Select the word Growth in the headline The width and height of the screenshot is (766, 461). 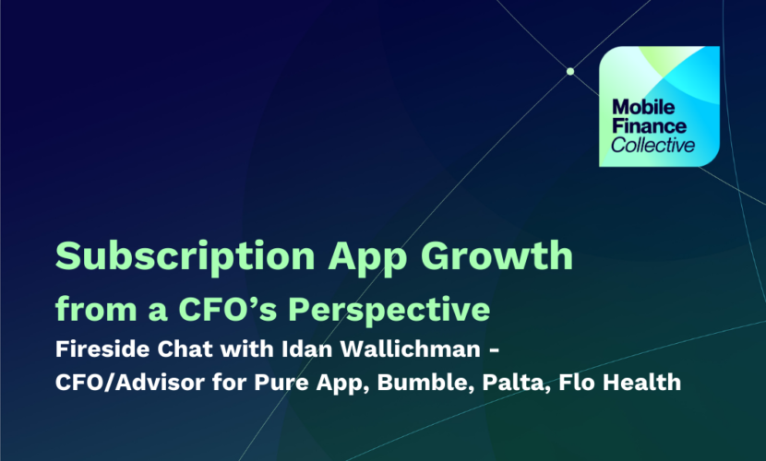[497, 255]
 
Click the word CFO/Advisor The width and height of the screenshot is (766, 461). [130, 382]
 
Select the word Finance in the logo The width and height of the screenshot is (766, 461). [649, 126]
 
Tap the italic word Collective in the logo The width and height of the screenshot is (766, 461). [652, 145]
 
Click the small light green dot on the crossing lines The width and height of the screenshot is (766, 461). [570, 71]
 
